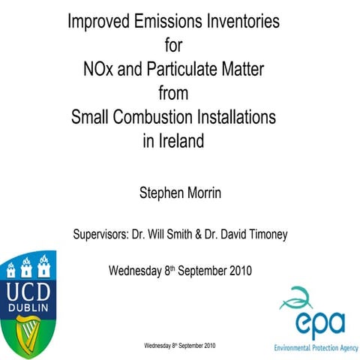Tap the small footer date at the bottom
pyautogui.click(x=181, y=346)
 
